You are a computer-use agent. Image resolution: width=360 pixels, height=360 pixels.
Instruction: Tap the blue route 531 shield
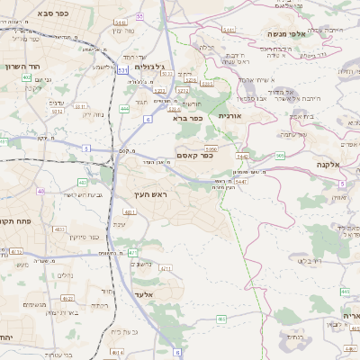point(121,83)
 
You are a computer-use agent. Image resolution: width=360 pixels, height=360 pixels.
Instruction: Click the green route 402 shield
point(26,77)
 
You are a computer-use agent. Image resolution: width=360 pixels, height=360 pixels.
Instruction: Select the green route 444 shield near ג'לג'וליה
point(124,108)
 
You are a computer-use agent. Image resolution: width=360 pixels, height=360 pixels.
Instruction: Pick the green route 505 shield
point(281,155)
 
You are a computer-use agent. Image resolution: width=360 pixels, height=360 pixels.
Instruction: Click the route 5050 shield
point(211,148)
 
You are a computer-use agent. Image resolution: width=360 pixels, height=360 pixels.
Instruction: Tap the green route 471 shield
point(132,253)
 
